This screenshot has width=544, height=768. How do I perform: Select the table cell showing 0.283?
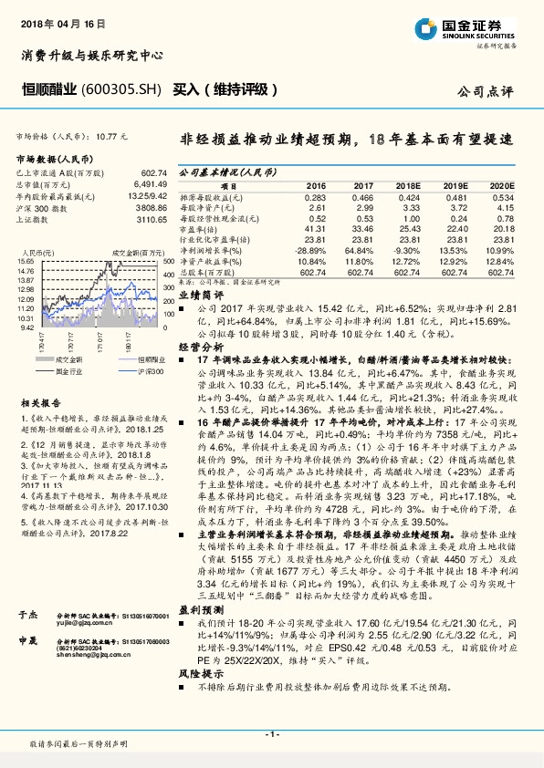point(315,197)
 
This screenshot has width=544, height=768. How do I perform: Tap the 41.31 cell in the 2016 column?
point(315,231)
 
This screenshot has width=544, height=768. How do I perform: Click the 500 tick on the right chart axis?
point(168,262)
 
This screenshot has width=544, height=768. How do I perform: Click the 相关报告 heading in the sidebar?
point(40,401)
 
